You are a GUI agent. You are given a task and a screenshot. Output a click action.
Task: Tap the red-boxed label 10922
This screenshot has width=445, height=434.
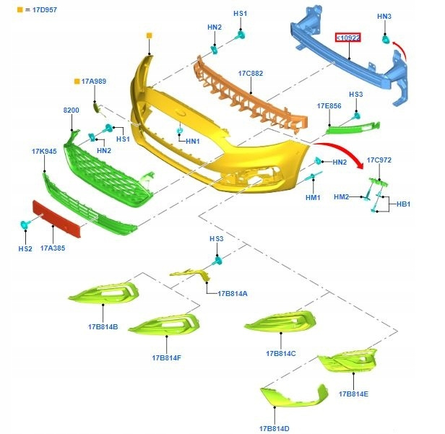pyautogui.click(x=346, y=38)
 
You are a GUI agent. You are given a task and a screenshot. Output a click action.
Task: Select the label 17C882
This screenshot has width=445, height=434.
pyautogui.click(x=250, y=74)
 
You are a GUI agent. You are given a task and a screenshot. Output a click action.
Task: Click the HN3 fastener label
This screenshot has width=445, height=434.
pyautogui.click(x=384, y=16)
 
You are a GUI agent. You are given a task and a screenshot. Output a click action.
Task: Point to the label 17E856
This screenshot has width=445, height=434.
pyautogui.click(x=329, y=106)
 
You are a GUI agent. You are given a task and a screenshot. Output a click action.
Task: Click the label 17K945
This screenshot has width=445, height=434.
pyautogui.click(x=44, y=152)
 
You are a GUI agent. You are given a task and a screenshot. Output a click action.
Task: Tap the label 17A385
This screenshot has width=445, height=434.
pyautogui.click(x=53, y=248)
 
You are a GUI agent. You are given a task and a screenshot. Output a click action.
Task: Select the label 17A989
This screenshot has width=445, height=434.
pyautogui.click(x=94, y=82)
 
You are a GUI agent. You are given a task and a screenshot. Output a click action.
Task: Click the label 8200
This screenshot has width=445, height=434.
pyautogui.click(x=71, y=110)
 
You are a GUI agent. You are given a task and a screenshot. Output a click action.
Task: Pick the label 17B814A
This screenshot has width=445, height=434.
pyautogui.click(x=232, y=293)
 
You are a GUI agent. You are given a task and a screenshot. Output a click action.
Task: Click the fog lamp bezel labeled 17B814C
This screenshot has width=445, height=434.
pyautogui.click(x=280, y=322)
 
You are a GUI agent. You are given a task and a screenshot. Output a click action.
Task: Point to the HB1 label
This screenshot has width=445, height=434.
pyautogui.click(x=402, y=204)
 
